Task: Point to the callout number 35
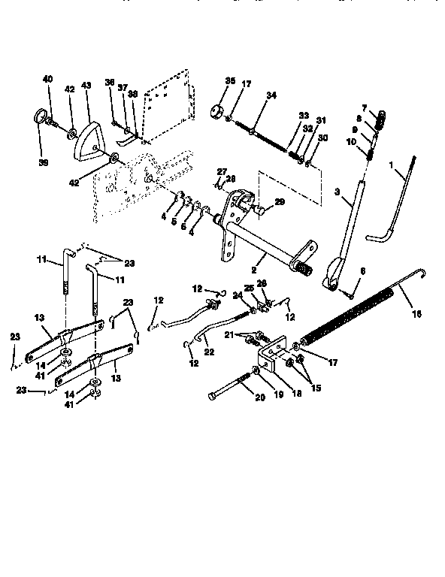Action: [230, 80]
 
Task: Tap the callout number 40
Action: [49, 79]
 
